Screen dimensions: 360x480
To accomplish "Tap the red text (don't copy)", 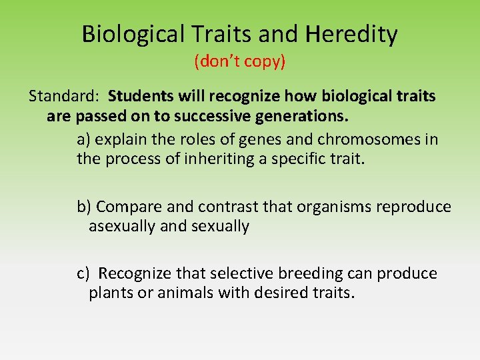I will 239,62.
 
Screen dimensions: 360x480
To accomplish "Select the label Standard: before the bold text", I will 65,96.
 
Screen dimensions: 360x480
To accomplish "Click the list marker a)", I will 83,139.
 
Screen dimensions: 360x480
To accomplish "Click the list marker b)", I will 84,207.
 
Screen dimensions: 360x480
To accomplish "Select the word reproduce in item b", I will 413,207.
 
